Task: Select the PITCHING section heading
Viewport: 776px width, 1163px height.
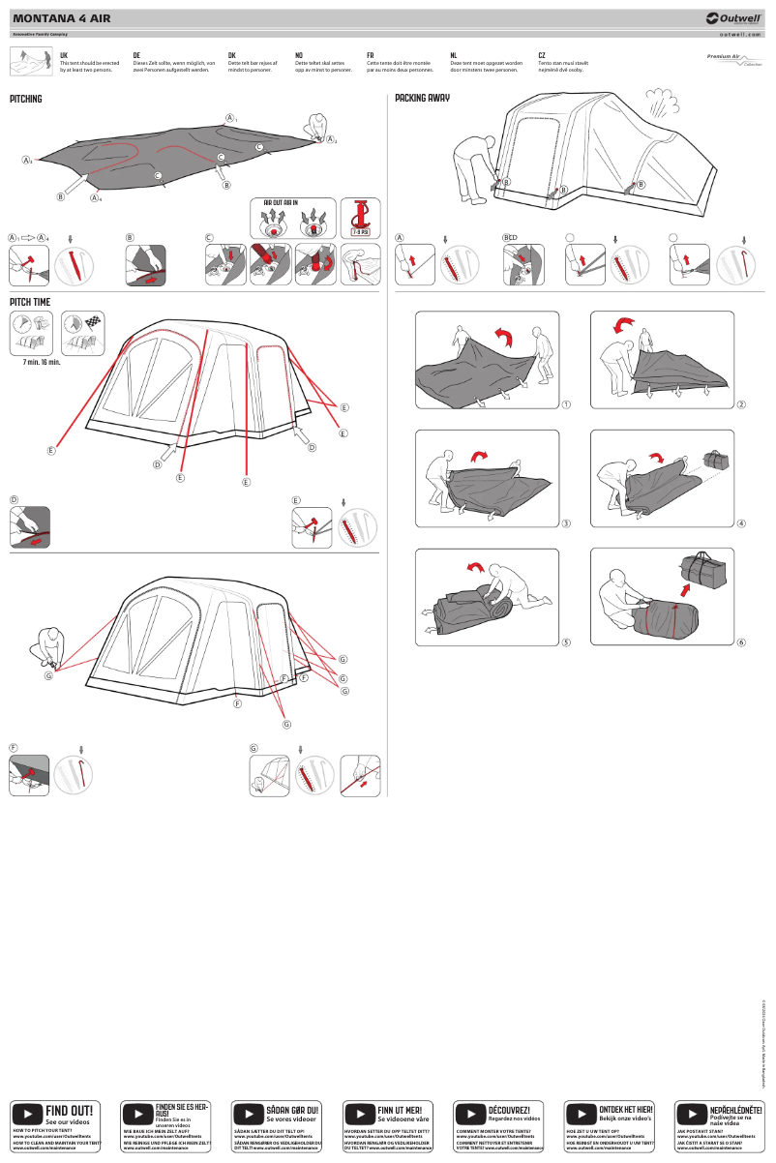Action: pyautogui.click(x=26, y=99)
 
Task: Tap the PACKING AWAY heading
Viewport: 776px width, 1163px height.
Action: pyautogui.click(x=423, y=99)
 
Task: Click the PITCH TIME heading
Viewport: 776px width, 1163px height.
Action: pyautogui.click(x=30, y=303)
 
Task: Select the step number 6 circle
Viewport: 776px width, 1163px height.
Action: pyautogui.click(x=741, y=641)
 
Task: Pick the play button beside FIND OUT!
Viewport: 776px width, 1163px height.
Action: pyautogui.click(x=26, y=1115)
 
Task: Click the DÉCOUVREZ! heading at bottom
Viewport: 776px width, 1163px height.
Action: pyautogui.click(x=509, y=1110)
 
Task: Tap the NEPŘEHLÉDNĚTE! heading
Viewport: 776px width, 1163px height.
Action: pyautogui.click(x=735, y=1109)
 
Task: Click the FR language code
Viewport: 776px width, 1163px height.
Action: pyautogui.click(x=371, y=56)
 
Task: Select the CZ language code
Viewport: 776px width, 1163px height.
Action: pyautogui.click(x=542, y=56)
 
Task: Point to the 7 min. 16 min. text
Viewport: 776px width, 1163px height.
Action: pyautogui.click(x=42, y=362)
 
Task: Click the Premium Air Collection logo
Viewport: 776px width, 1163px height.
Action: pyautogui.click(x=733, y=60)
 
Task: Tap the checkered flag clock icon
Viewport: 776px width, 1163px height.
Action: pyautogui.click(x=84, y=331)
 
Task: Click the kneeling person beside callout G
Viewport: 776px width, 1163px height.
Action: pyautogui.click(x=47, y=645)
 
